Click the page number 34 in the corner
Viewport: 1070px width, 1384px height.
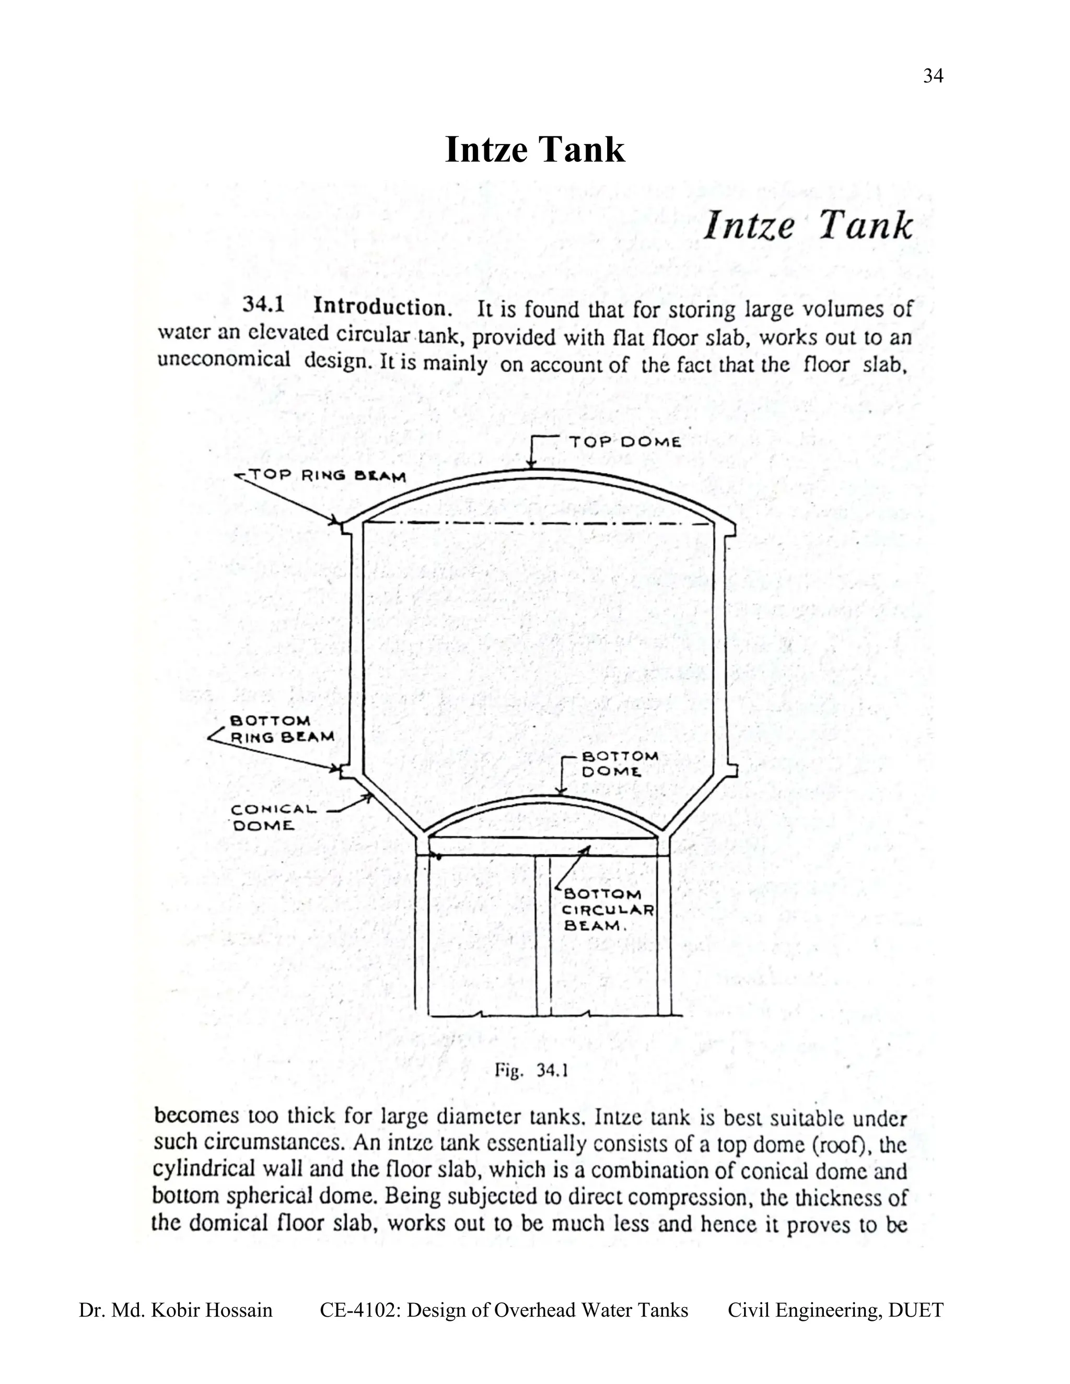(933, 77)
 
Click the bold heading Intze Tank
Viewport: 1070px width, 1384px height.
(534, 150)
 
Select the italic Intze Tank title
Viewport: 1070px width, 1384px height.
(808, 226)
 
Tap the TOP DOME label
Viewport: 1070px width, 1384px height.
(624, 442)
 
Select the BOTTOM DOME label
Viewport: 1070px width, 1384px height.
(619, 764)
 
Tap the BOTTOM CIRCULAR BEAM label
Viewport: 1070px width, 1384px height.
(607, 910)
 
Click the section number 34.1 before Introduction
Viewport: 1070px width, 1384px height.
(263, 306)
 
